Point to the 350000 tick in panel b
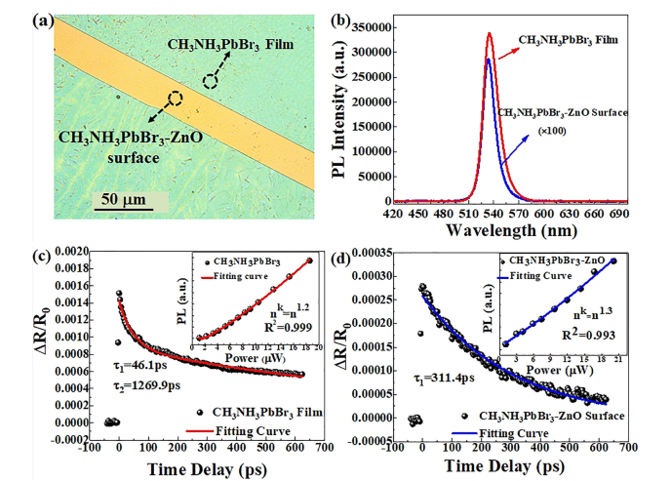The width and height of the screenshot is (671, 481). (386, 17)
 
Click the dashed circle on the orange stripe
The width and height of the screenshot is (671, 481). (175, 99)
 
